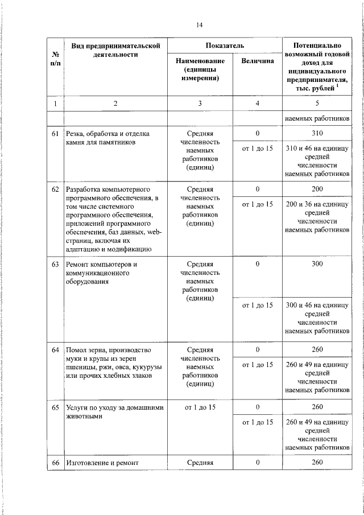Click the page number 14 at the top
pyautogui.click(x=199, y=24)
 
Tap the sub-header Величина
pyautogui.click(x=257, y=61)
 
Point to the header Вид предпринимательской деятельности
pyautogui.click(x=115, y=50)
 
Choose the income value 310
pyautogui.click(x=317, y=134)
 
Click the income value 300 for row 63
pyautogui.click(x=317, y=265)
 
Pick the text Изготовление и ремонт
pyautogui.click(x=102, y=463)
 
